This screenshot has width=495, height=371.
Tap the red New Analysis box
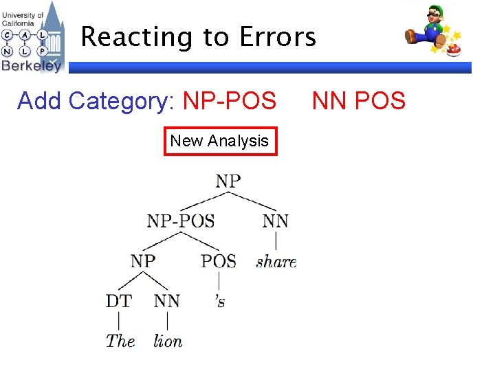(220, 141)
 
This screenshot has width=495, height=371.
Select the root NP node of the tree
(228, 181)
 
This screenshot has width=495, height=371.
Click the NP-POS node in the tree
(181, 221)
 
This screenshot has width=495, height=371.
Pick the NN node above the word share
(276, 221)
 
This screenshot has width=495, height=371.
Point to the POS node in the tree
(219, 261)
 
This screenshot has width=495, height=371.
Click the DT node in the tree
(119, 301)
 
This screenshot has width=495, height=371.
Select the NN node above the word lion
(167, 301)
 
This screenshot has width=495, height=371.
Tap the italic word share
(276, 262)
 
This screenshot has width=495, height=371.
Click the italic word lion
(168, 340)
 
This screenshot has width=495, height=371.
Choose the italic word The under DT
(120, 340)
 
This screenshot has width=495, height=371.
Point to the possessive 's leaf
(219, 302)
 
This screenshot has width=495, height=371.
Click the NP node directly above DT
(143, 261)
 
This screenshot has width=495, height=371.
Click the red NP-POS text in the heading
(230, 101)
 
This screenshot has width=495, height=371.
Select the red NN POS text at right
(358, 101)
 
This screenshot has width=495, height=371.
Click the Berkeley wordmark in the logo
(31, 65)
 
